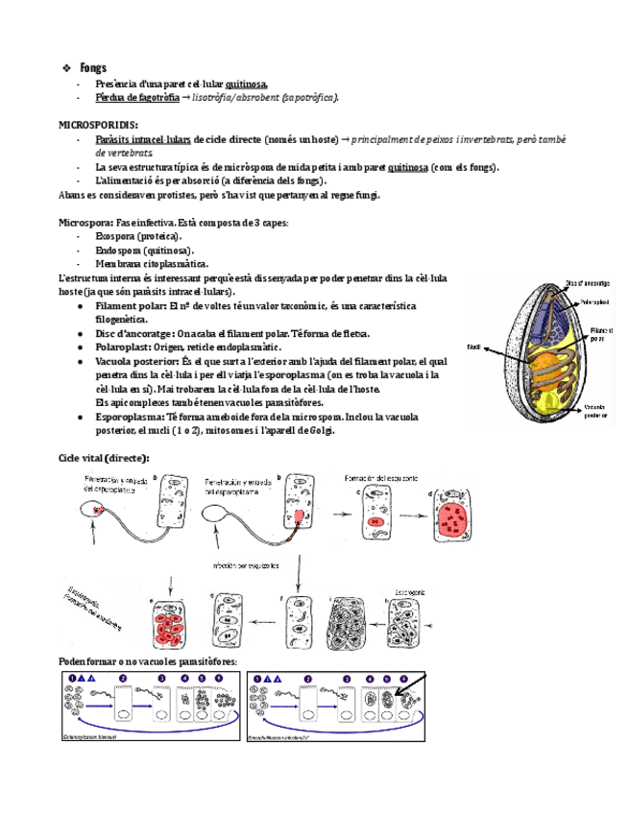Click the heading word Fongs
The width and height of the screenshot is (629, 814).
coord(94,68)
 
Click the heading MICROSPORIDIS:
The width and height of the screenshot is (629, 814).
coord(98,126)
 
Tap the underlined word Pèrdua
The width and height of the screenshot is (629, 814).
coord(111,98)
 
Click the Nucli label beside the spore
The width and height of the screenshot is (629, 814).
coord(473,346)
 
